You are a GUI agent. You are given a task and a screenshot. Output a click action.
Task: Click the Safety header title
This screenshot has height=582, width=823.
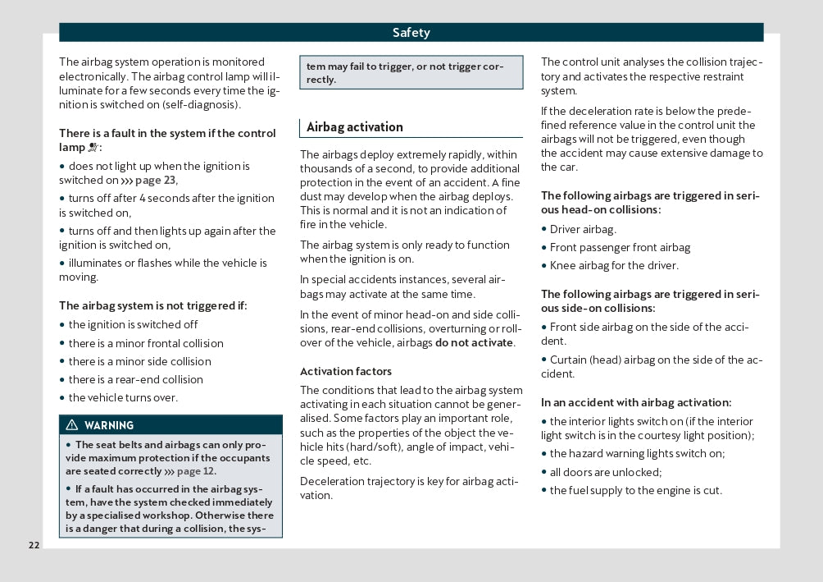(x=411, y=33)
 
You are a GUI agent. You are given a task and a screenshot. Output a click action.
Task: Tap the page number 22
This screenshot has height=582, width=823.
(x=34, y=546)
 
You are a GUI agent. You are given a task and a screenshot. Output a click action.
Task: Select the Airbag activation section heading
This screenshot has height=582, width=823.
(x=355, y=127)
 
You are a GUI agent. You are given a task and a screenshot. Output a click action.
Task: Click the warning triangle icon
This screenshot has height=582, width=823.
(x=72, y=425)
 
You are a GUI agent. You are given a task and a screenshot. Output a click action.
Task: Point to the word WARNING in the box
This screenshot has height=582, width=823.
(x=109, y=425)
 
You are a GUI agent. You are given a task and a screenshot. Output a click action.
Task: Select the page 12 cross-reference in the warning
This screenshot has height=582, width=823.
(x=195, y=471)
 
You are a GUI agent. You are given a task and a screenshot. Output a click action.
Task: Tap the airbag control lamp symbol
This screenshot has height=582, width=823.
(x=93, y=148)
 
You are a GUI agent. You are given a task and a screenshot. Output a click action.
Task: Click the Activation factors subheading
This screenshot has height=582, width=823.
(x=346, y=372)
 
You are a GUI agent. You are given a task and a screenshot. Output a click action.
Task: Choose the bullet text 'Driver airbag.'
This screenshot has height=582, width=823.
(x=583, y=230)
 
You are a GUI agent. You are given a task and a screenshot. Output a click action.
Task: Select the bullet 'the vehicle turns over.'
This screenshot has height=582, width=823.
(x=123, y=398)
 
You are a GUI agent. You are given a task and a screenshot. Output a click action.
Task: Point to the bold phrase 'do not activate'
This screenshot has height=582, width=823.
(x=474, y=343)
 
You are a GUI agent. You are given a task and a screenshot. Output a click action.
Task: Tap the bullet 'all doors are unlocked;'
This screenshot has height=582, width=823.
(x=606, y=472)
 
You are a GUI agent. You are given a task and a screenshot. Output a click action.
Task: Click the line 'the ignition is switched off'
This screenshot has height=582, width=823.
(x=133, y=325)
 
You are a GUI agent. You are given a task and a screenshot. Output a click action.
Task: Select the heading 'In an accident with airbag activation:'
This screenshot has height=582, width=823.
(x=636, y=403)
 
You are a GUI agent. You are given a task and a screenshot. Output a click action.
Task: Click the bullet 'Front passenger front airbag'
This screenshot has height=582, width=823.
(x=620, y=248)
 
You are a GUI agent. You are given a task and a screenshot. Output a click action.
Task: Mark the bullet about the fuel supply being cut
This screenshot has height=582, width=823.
(x=635, y=491)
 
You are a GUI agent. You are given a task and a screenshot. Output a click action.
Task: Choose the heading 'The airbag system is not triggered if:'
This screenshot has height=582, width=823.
(x=153, y=306)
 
